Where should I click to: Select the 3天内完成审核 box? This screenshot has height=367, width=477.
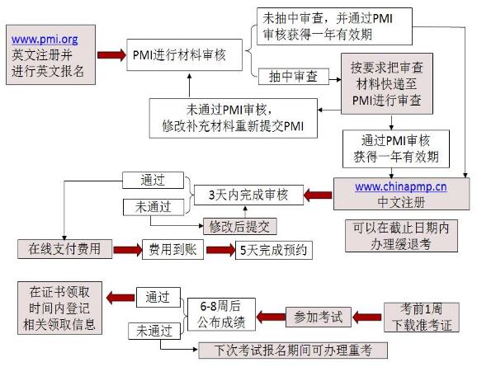[248, 195]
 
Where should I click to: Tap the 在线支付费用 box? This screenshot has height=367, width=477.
[64, 248]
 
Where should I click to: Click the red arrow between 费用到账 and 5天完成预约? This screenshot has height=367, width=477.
[219, 248]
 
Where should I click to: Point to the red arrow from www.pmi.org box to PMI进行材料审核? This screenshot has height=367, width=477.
[110, 55]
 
